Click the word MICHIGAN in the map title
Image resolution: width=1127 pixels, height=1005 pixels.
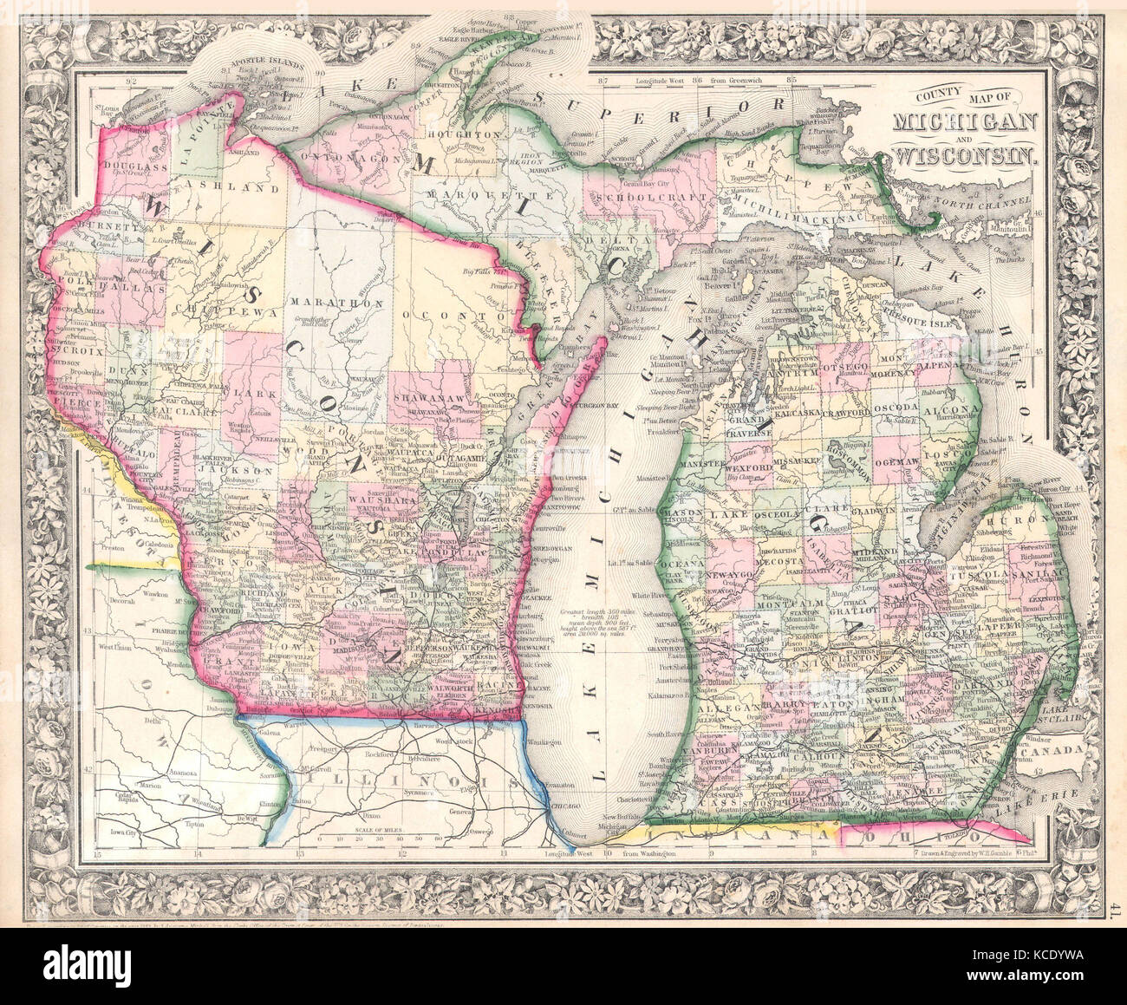click(968, 121)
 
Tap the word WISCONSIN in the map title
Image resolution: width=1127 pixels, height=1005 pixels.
click(968, 156)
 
